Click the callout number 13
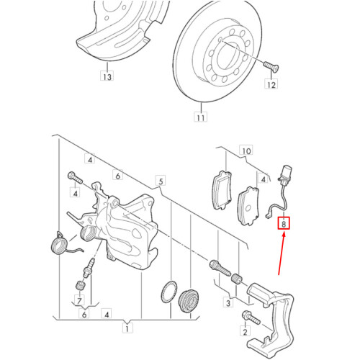[x=107, y=75]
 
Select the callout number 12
[x=271, y=86]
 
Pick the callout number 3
[x=228, y=304]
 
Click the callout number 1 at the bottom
[x=127, y=330]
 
